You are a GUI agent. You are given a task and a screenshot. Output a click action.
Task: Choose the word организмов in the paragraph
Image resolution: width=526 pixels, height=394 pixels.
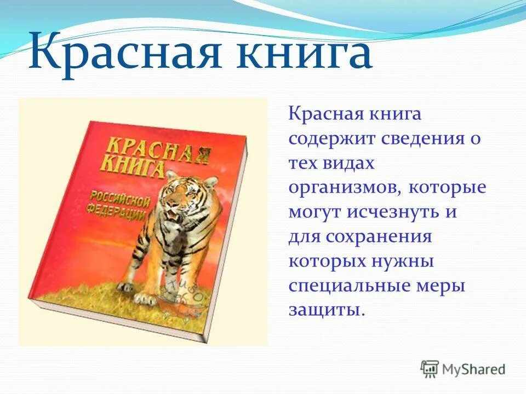(346, 187)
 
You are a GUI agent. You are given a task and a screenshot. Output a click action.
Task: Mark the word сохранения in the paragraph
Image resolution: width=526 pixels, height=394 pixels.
(378, 236)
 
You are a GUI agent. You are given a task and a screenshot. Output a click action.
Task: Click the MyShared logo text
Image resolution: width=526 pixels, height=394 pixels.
(474, 369)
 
